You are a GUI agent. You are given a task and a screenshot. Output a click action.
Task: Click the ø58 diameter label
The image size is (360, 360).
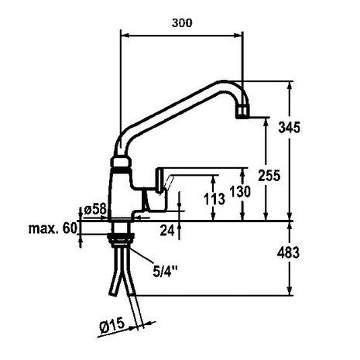pos(96,210)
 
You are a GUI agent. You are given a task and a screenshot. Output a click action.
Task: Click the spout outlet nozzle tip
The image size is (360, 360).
pos(242,112)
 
